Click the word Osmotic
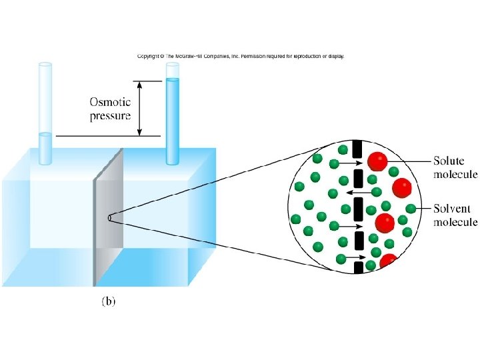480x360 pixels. point(111,102)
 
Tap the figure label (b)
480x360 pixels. point(107,301)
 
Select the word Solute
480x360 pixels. point(449,161)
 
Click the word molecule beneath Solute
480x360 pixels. point(455,175)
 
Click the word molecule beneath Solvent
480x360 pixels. point(455,221)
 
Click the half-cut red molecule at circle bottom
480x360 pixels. point(388,261)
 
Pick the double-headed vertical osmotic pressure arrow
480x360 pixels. point(139,108)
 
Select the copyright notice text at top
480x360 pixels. point(241,57)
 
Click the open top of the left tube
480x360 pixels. point(45,65)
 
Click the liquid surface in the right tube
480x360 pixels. point(173,79)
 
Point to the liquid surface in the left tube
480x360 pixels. point(45,135)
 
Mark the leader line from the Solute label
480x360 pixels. point(409,161)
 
